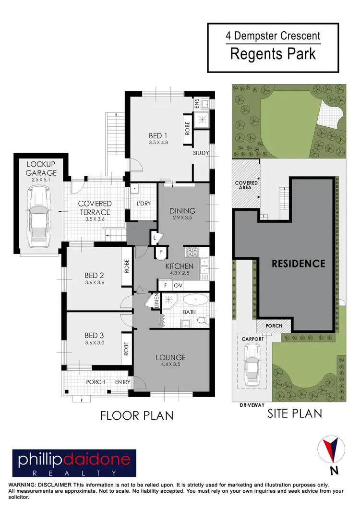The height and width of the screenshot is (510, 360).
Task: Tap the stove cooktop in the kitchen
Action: pyautogui.click(x=192, y=252)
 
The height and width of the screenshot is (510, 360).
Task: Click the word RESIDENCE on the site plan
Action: pyautogui.click(x=298, y=264)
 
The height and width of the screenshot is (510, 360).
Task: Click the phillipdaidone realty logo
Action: pyautogui.click(x=74, y=463)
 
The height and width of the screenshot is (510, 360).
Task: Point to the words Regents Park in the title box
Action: pyautogui.click(x=273, y=53)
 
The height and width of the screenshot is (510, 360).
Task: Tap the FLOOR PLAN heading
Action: pyautogui.click(x=137, y=415)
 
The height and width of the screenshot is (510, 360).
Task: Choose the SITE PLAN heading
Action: pyautogui.click(x=294, y=413)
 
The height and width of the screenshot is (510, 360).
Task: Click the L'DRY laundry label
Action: pyautogui.click(x=143, y=204)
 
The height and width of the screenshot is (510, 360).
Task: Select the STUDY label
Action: pyautogui.click(x=201, y=153)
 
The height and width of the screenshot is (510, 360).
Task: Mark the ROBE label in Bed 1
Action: pyautogui.click(x=187, y=129)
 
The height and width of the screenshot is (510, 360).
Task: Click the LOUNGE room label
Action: pyautogui.click(x=170, y=357)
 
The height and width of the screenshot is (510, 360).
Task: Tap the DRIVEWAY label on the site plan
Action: pyautogui.click(x=252, y=405)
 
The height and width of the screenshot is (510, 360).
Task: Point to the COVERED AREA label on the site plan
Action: pyautogui.click(x=246, y=185)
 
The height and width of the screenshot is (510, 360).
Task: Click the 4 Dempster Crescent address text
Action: pyautogui.click(x=273, y=36)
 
